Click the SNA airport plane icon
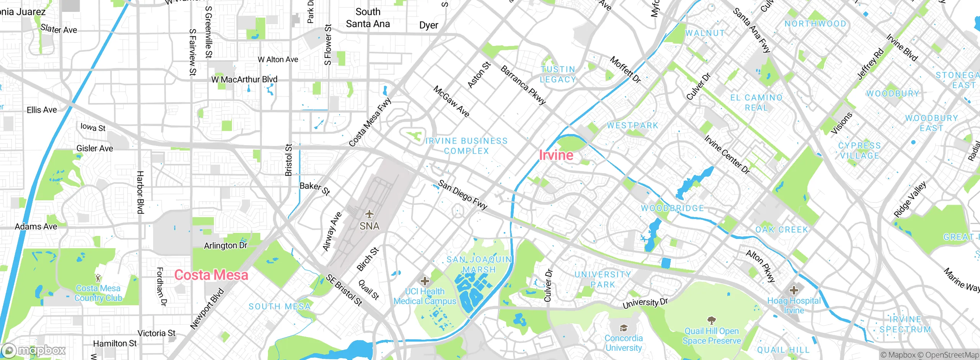(x=369, y=214)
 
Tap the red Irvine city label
(x=556, y=155)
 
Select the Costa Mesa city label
(x=211, y=275)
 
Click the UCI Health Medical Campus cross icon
(x=425, y=281)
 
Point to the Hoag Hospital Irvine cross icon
(x=794, y=290)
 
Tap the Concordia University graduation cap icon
(x=623, y=328)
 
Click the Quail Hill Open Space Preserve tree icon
(x=711, y=320)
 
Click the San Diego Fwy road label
(x=462, y=195)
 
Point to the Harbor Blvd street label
(x=140, y=193)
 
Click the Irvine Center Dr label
(x=727, y=155)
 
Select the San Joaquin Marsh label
(x=479, y=265)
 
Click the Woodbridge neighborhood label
(x=672, y=208)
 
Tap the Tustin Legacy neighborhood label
(x=558, y=75)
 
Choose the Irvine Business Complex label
(x=466, y=146)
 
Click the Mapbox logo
(x=34, y=350)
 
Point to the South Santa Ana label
(x=367, y=18)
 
